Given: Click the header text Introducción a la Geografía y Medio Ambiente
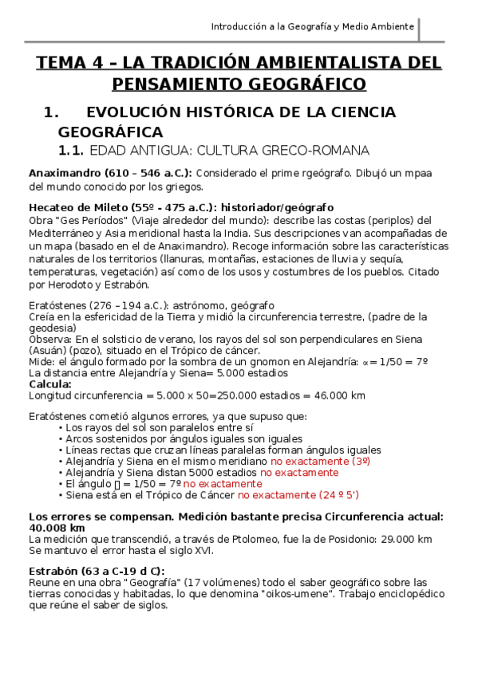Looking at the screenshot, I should [312, 26].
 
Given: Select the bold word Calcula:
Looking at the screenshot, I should [50, 383].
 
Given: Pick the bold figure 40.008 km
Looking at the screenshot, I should [57, 528].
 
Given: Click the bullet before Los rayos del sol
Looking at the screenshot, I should [61, 427].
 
